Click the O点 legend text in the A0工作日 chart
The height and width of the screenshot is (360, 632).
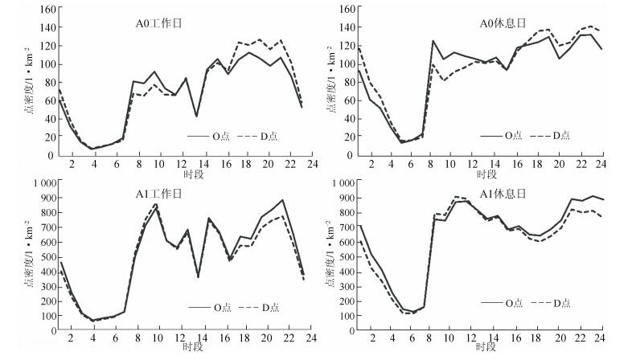(217, 135)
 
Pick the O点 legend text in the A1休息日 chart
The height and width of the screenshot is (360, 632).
(515, 303)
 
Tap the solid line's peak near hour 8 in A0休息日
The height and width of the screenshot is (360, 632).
(433, 41)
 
